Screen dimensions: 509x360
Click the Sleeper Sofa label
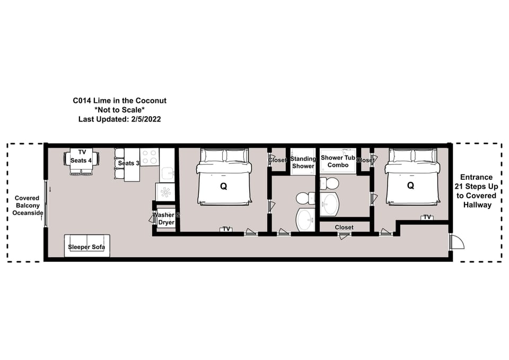pyautogui.click(x=86, y=247)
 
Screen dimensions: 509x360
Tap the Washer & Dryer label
pyautogui.click(x=166, y=218)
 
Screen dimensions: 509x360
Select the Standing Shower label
pyautogui.click(x=303, y=162)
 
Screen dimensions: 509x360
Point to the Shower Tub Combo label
pyautogui.click(x=338, y=161)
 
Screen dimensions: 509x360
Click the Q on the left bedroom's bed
pyautogui.click(x=223, y=186)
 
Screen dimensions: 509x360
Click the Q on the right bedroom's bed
pyautogui.click(x=410, y=186)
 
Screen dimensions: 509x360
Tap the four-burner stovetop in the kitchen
pyautogui.click(x=150, y=157)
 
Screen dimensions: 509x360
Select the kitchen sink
pyautogui.click(x=167, y=174)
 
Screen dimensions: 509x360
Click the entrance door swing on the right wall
pyautogui.click(x=457, y=241)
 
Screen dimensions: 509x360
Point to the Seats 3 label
pyautogui.click(x=128, y=163)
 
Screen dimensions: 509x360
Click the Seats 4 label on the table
pyautogui.click(x=81, y=160)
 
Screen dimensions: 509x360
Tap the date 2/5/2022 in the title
pyautogui.click(x=146, y=119)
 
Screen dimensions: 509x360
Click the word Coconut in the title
pyautogui.click(x=151, y=101)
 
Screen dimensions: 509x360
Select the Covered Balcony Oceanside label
pyautogui.click(x=28, y=206)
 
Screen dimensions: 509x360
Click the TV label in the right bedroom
pyautogui.click(x=427, y=217)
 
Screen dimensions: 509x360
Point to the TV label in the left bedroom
pyautogui.click(x=226, y=229)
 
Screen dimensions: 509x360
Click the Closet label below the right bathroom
pyautogui.click(x=344, y=227)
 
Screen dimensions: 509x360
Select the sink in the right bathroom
pyautogui.click(x=329, y=204)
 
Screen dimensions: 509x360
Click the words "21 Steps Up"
pyautogui.click(x=476, y=186)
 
